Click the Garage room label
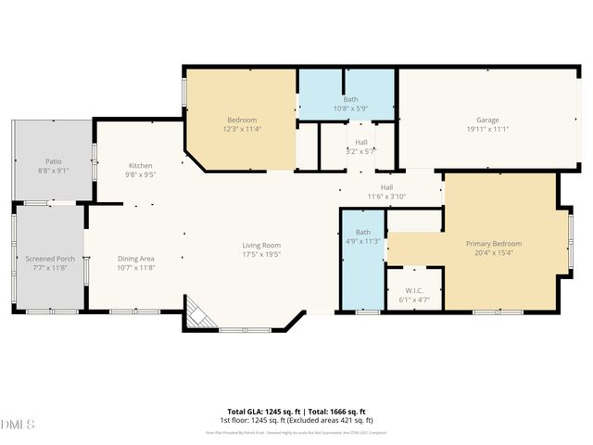(487, 121)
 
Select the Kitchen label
(140, 165)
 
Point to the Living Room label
(260, 245)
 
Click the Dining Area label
(136, 259)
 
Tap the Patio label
(52, 161)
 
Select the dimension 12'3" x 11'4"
(243, 129)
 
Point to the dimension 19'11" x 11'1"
(487, 129)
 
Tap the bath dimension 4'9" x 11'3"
(362, 241)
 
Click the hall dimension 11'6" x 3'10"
(386, 196)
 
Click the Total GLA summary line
(296, 412)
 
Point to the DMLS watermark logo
(18, 425)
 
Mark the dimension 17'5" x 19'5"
(260, 254)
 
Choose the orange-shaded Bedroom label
(243, 121)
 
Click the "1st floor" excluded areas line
(296, 420)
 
